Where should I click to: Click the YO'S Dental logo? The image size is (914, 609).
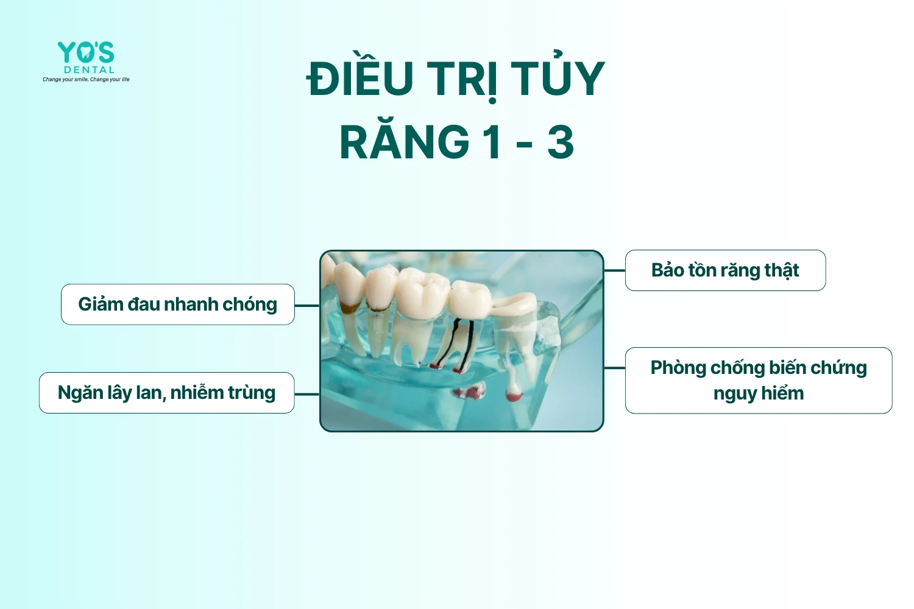tap(86, 53)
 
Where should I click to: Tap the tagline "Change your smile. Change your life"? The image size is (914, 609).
tap(86, 79)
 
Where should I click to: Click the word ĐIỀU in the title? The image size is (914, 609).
tap(360, 79)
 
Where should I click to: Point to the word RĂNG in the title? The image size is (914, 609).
tap(404, 143)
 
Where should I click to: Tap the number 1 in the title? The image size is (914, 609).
tap(492, 143)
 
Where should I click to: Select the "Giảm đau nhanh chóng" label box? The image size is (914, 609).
tap(177, 304)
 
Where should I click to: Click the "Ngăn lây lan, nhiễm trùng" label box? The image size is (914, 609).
tap(166, 393)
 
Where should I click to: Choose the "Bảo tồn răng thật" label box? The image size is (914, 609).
tap(725, 270)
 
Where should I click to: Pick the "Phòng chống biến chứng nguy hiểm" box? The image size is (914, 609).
tap(758, 381)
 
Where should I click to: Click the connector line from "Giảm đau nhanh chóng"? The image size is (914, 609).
tap(307, 306)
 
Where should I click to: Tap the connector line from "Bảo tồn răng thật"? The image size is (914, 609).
tap(614, 270)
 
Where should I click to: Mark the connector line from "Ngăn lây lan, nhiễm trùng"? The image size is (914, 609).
tap(307, 394)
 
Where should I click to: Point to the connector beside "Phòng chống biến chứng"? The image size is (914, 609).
tap(614, 368)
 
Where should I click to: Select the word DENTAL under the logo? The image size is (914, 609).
tap(89, 70)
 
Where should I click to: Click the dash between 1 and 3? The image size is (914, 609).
tap(524, 145)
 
